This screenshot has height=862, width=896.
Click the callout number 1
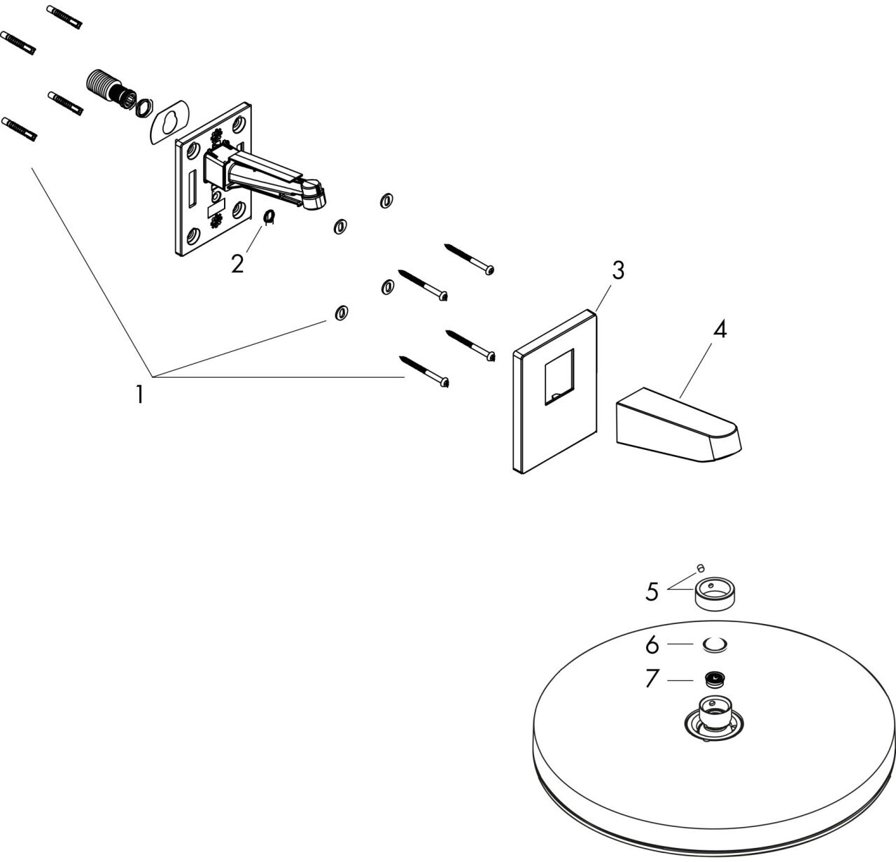(140, 395)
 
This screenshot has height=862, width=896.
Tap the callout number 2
(238, 264)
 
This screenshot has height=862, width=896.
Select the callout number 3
(617, 270)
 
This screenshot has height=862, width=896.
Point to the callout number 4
(720, 330)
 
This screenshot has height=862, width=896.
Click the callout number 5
(652, 592)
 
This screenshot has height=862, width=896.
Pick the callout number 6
(652, 644)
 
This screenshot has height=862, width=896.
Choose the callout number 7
(652, 679)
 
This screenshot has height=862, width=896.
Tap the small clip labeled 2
(269, 218)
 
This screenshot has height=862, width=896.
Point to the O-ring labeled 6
(714, 644)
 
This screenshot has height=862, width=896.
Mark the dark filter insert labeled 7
(714, 679)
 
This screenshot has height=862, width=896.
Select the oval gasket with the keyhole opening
(169, 125)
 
